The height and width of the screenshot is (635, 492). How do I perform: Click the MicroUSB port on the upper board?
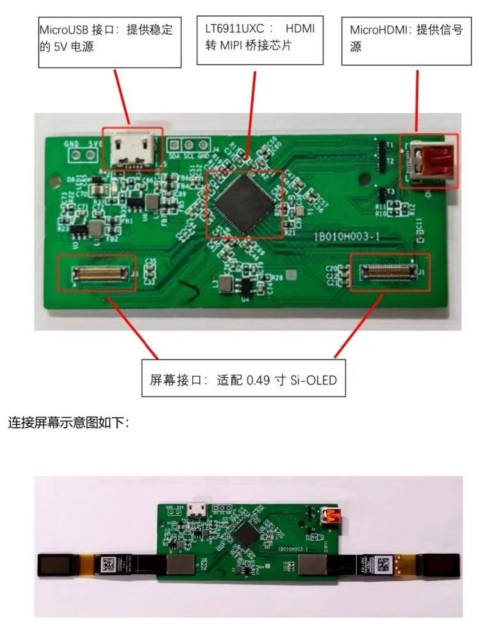pos(133,150)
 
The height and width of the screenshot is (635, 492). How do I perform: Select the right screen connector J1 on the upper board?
pos(389,272)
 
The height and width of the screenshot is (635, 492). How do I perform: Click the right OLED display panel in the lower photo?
pos(441,565)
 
